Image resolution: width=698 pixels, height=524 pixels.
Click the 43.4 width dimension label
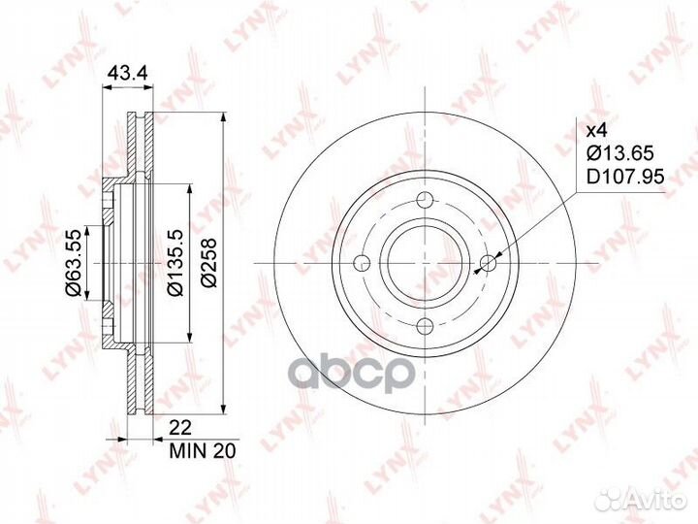[x=128, y=73]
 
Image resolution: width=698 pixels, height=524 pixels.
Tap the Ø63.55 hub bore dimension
[x=73, y=263]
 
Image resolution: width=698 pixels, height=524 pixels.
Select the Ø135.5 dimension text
[x=175, y=263]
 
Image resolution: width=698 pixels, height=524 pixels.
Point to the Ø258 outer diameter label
[x=208, y=263]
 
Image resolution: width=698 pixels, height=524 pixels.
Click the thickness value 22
[x=180, y=428]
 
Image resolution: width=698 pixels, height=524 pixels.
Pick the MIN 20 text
[x=203, y=451]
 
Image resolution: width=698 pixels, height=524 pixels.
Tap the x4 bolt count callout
[x=597, y=131]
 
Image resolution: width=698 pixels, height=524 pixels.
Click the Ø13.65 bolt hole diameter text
[x=620, y=153]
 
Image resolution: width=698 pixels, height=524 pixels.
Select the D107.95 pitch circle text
[x=625, y=177]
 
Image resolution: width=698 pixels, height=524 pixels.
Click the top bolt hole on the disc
[x=426, y=199]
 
